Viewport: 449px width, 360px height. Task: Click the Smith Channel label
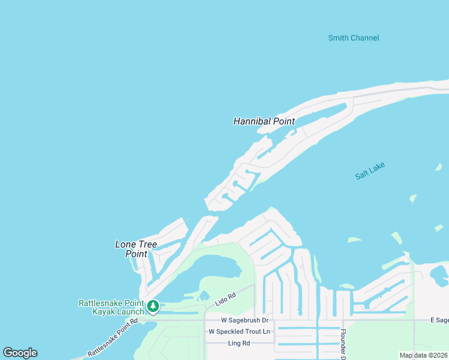pyautogui.click(x=354, y=38)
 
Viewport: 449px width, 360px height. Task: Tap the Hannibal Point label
pyautogui.click(x=264, y=121)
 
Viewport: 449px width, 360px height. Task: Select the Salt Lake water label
pyautogui.click(x=370, y=171)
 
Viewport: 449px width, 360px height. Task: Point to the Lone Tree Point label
pyautogui.click(x=136, y=249)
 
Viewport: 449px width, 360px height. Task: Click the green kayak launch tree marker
pyautogui.click(x=153, y=307)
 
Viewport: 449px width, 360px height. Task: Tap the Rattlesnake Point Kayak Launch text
pyautogui.click(x=111, y=307)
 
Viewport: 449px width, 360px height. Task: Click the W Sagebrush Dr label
pyautogui.click(x=244, y=321)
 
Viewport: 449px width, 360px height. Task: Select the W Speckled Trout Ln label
pyautogui.click(x=240, y=332)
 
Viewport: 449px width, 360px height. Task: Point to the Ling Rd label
pyautogui.click(x=238, y=343)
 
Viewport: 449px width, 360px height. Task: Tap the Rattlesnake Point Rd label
pyautogui.click(x=112, y=338)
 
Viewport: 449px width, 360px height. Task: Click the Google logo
pyautogui.click(x=20, y=353)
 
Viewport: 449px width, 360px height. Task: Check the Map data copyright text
pyautogui.click(x=423, y=355)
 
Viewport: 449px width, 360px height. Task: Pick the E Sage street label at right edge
pyautogui.click(x=439, y=321)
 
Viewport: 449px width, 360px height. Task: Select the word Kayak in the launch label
pyautogui.click(x=103, y=311)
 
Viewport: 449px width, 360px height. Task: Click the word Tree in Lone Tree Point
pyautogui.click(x=147, y=244)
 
